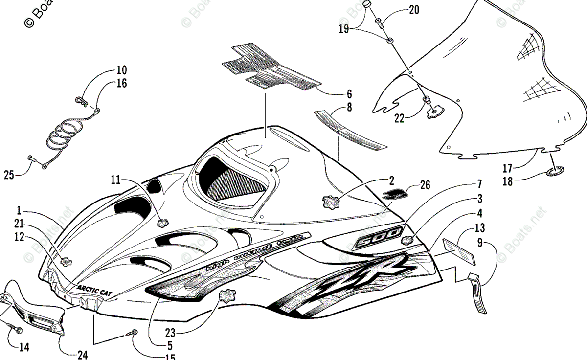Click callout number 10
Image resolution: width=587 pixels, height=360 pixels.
[x=121, y=69]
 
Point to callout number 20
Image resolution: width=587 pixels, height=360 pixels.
[x=414, y=10]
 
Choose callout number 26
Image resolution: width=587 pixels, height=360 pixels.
[x=426, y=186]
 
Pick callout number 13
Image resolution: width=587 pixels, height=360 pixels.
[x=479, y=228]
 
